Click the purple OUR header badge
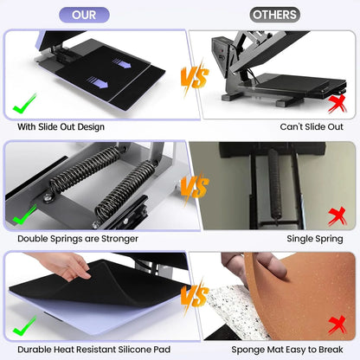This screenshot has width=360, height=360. (x=83, y=15)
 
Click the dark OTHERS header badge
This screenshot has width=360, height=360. (x=275, y=15)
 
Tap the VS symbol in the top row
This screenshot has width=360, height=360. (x=194, y=78)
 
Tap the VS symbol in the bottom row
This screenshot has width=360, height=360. (x=194, y=297)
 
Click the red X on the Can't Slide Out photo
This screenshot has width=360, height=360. (x=337, y=104)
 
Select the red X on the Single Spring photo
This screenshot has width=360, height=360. (x=337, y=215)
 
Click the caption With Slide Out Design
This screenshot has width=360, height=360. (x=61, y=127)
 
